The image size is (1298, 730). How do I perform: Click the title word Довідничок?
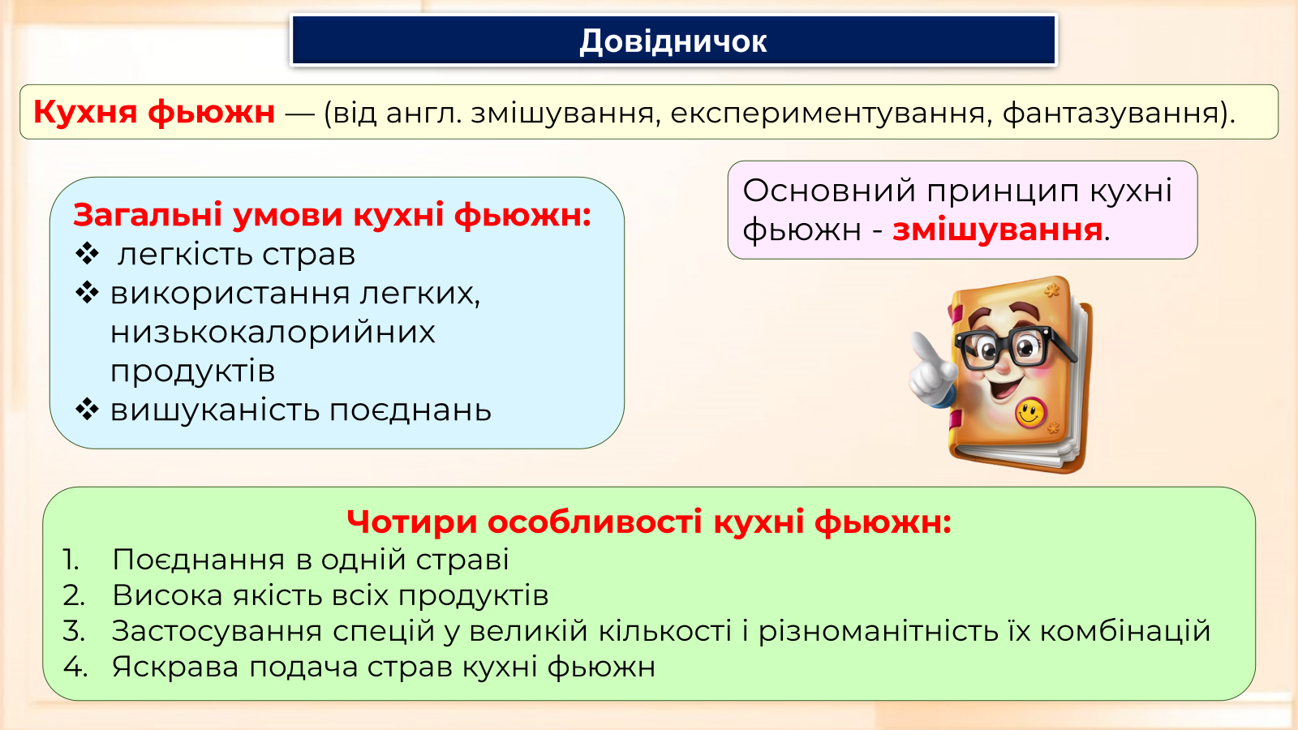[x=673, y=41]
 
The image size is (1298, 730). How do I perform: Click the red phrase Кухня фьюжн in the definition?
[x=154, y=112]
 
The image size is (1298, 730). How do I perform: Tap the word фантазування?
[x=1111, y=113]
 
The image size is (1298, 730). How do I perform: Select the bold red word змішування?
[x=997, y=230]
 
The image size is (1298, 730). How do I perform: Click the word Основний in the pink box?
[x=829, y=191]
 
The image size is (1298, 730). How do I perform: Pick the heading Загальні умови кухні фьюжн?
[x=332, y=216]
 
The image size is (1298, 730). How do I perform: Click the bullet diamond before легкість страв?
[x=87, y=254]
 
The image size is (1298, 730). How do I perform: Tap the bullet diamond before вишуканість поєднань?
[x=87, y=409]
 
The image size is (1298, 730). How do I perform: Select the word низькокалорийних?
[x=273, y=332]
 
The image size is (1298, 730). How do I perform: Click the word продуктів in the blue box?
[x=192, y=371]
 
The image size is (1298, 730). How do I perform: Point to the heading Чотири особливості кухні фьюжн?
[x=649, y=522]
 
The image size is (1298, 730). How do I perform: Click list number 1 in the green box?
[x=71, y=560]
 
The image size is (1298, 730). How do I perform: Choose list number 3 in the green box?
[x=74, y=631]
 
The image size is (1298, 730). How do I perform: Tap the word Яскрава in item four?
[x=175, y=667]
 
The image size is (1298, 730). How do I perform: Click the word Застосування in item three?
[x=217, y=632]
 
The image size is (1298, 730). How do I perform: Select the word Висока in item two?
[x=167, y=595]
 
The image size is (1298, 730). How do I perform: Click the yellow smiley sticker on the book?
[x=1030, y=414]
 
